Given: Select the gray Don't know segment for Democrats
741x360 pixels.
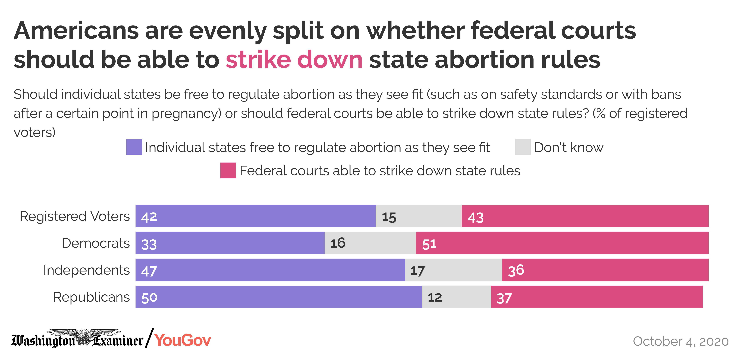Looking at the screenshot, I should tap(370, 243).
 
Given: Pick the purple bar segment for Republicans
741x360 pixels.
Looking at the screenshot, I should tap(278, 297).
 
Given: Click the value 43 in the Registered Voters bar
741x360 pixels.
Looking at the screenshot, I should tap(476, 217).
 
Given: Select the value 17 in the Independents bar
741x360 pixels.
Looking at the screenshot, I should tap(417, 271).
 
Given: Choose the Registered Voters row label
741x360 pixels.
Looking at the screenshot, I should tap(74, 216).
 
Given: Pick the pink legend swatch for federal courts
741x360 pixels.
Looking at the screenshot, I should tap(228, 171).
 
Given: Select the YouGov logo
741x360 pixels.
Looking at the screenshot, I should tap(183, 340).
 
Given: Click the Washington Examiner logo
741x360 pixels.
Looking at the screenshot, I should tap(77, 339).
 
